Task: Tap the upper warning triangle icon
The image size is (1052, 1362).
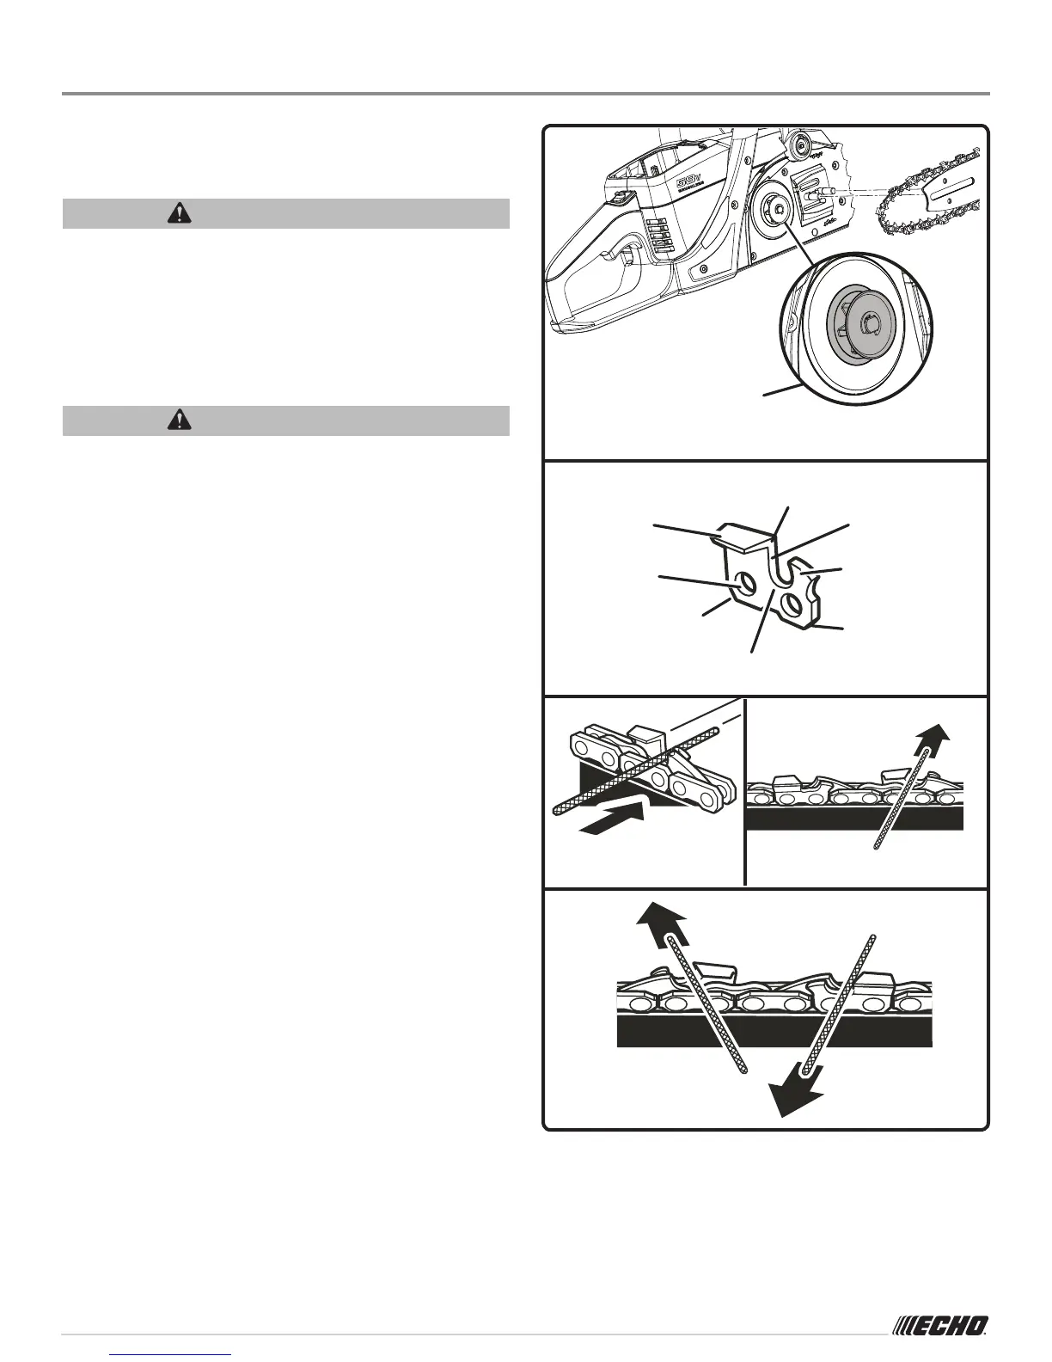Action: (180, 213)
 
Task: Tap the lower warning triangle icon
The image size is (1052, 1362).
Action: (180, 420)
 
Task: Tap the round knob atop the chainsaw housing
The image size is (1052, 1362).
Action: (801, 145)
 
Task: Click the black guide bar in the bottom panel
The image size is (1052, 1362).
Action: (774, 1033)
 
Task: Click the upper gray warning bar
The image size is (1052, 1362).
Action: (286, 213)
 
